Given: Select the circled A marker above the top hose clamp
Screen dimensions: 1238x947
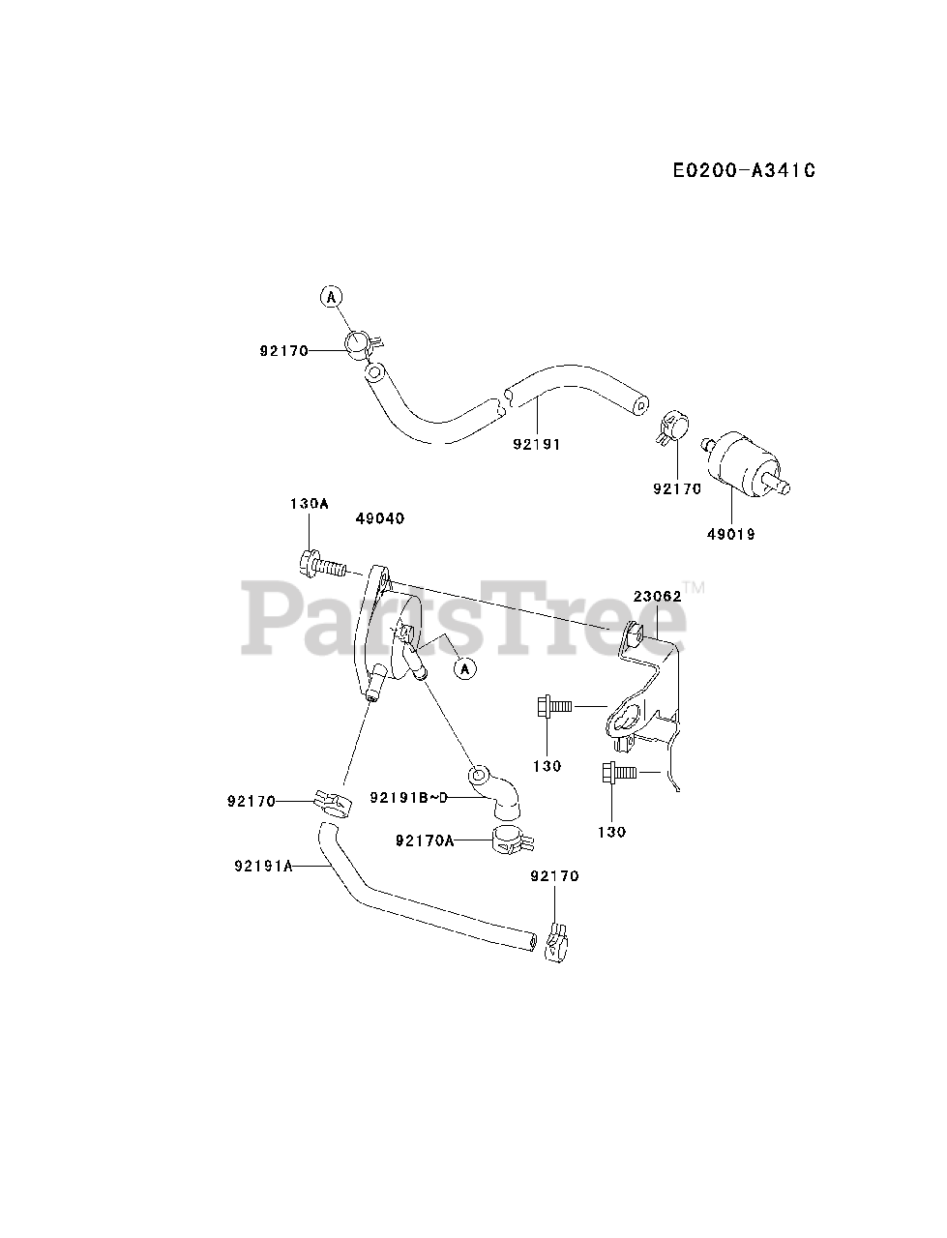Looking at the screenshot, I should click(x=332, y=297).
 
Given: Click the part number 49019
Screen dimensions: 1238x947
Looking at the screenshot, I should click(x=732, y=534).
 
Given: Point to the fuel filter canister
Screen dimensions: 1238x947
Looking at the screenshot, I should click(x=744, y=463).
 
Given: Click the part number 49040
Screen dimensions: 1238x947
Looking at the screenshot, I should click(x=380, y=519).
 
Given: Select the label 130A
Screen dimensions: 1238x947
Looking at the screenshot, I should click(x=310, y=503).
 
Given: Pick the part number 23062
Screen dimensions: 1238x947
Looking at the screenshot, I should click(x=659, y=597).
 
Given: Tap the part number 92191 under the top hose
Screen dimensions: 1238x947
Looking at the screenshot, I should click(x=537, y=444).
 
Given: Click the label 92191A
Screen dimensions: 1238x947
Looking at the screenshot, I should click(x=263, y=867).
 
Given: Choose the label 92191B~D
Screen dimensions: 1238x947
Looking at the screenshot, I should click(x=410, y=797).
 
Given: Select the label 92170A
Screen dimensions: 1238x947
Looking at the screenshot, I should click(x=425, y=840).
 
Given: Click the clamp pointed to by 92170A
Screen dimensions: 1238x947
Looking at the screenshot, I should click(x=510, y=839).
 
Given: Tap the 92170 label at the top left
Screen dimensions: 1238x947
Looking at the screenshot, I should click(x=283, y=351).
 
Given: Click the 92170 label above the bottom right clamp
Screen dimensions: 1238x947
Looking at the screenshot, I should click(x=555, y=876).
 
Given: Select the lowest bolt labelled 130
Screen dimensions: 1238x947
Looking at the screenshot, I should click(x=619, y=773).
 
